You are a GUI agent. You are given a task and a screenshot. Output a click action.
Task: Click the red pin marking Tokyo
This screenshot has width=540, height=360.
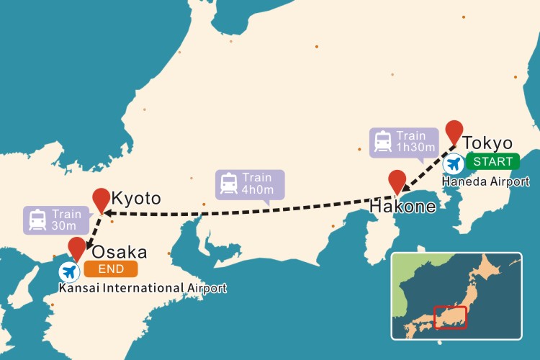tap(454, 131)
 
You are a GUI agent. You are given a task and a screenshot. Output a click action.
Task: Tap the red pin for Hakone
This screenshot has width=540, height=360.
tap(397, 180)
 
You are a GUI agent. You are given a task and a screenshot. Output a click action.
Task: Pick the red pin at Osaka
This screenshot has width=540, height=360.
tap(77, 248)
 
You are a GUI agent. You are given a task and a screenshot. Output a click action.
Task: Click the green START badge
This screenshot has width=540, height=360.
tap(492, 161)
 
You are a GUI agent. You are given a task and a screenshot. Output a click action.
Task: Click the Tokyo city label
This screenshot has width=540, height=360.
tap(487, 143)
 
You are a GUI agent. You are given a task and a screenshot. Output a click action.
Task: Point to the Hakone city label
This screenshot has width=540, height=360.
tap(402, 207)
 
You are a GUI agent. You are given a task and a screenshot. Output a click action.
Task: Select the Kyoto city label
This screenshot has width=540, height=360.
tap(136, 197)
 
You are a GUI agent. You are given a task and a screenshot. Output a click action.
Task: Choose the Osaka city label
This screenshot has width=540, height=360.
tap(119, 252)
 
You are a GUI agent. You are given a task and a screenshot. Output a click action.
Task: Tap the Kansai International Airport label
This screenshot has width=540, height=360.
tap(143, 288)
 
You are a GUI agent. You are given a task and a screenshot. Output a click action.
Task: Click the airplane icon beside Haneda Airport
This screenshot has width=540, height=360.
tap(454, 164)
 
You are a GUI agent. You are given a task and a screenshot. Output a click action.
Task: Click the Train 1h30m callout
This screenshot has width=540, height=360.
tap(404, 142)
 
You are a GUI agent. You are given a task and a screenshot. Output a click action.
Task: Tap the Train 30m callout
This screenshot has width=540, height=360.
tap(56, 220)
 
